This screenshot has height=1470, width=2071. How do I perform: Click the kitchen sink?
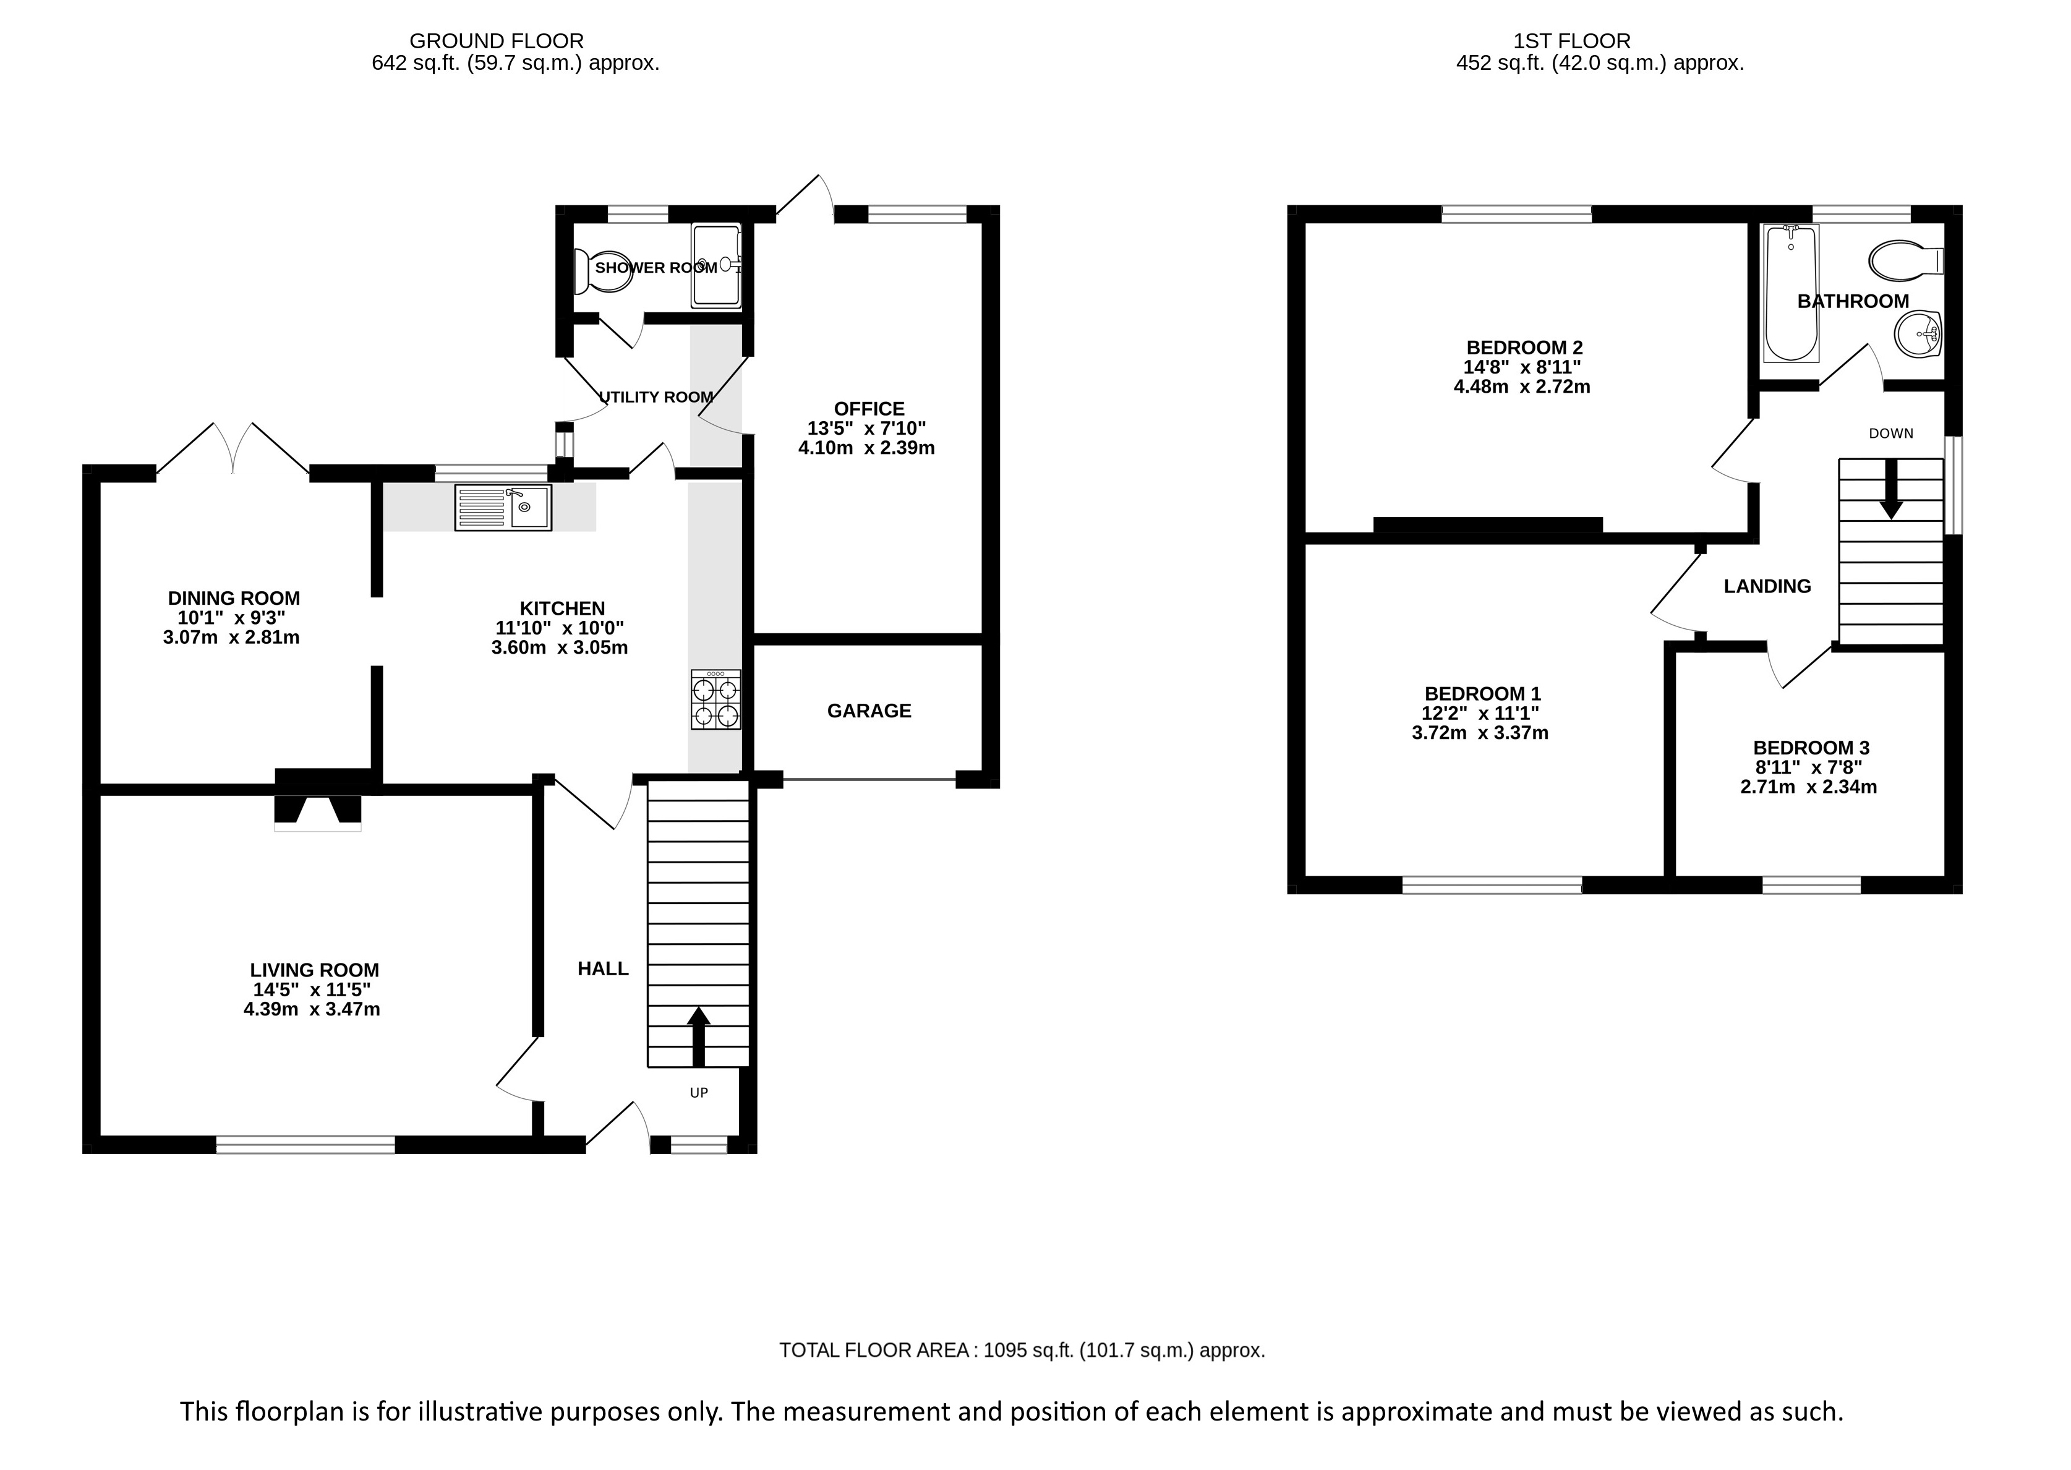pos(503,507)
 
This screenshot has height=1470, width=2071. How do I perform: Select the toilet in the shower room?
pos(603,271)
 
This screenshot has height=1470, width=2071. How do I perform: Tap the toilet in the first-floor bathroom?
pos(1907,260)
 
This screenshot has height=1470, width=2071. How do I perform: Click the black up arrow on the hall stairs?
pos(698,1036)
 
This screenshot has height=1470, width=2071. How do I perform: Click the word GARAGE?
pos(869,711)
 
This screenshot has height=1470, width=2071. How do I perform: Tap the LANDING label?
pos(1767,586)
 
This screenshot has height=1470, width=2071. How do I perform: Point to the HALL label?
pos(603,968)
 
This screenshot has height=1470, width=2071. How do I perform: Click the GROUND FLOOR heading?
pos(497,41)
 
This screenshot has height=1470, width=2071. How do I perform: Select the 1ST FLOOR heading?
pos(1572,41)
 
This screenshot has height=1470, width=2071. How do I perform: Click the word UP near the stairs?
pos(699,1093)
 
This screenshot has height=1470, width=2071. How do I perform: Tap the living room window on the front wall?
pos(306,1145)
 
